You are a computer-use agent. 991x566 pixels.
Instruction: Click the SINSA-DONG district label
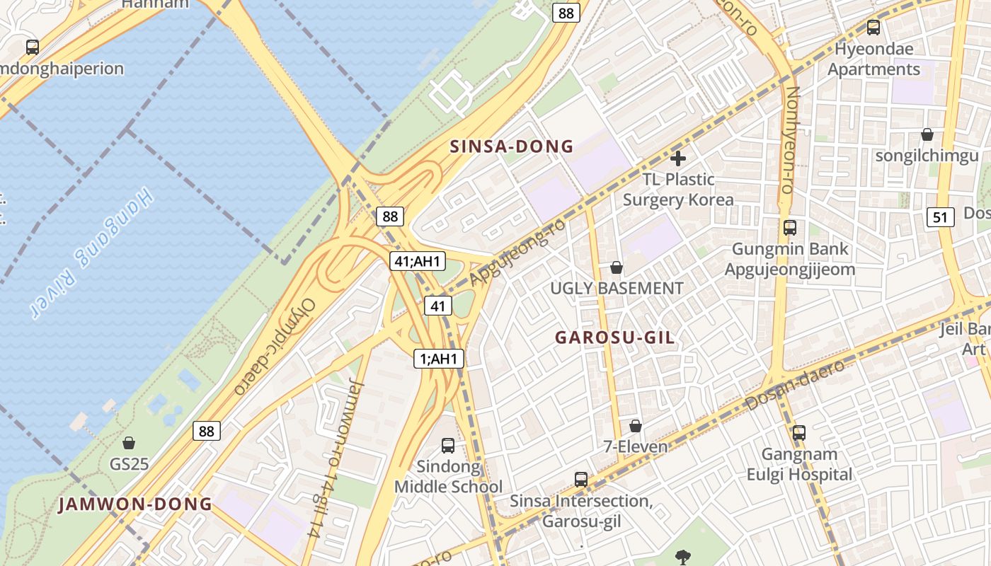click(512, 147)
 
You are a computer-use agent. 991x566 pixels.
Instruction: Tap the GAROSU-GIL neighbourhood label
click(614, 338)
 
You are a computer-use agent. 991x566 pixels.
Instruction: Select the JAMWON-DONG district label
click(135, 504)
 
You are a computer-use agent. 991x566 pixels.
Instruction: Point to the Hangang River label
click(92, 253)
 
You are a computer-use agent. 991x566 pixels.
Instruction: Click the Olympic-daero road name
click(275, 346)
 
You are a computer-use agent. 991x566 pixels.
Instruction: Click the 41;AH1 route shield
click(417, 261)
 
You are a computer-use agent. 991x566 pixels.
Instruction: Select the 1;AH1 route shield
click(439, 359)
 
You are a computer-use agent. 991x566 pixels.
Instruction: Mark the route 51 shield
click(940, 217)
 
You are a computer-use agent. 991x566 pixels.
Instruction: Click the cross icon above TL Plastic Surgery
click(678, 158)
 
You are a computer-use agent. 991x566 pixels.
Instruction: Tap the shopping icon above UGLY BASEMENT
click(617, 267)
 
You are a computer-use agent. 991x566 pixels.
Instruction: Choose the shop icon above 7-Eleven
click(636, 426)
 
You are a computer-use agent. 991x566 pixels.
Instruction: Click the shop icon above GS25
click(129, 444)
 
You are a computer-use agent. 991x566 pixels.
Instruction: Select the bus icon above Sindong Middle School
click(448, 446)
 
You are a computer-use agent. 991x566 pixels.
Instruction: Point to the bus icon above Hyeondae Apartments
click(873, 28)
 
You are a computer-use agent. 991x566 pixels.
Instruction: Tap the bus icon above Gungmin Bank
click(790, 228)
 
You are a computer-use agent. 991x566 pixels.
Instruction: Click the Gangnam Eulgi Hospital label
click(799, 464)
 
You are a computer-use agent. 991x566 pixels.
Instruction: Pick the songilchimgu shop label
click(927, 156)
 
